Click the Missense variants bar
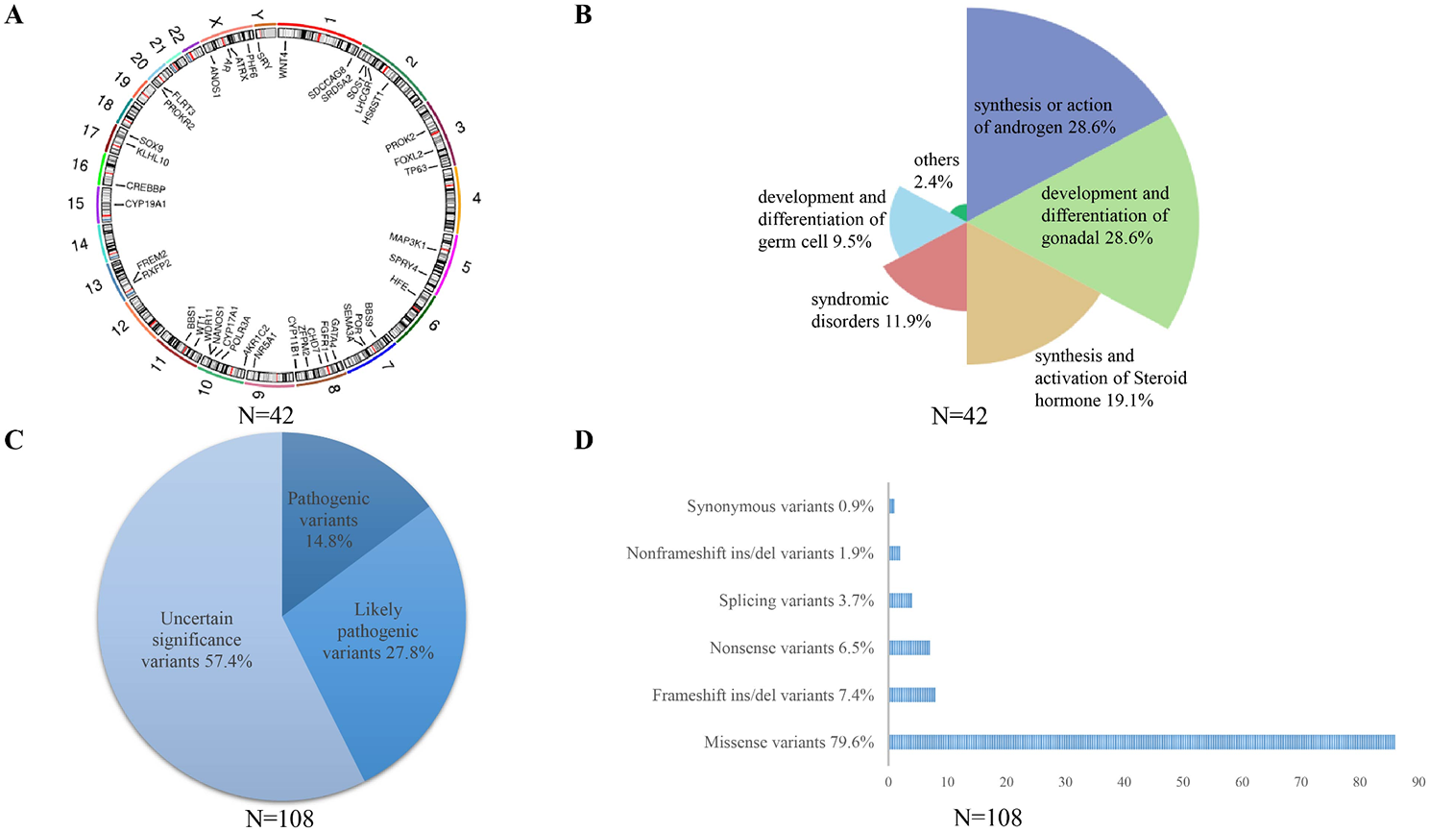click(x=1141, y=742)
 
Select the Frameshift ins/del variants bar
click(x=911, y=695)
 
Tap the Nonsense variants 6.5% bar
click(x=908, y=648)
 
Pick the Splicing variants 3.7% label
click(x=796, y=600)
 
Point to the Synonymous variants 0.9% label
click(x=780, y=506)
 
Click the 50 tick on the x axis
click(x=1183, y=782)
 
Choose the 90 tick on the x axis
click(x=1418, y=782)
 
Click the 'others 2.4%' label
click(x=935, y=170)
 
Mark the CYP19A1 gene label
click(x=145, y=204)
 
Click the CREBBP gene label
click(x=146, y=186)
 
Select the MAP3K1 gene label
click(x=407, y=239)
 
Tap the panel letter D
click(x=584, y=441)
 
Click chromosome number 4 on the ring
click(x=476, y=198)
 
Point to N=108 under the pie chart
click(x=279, y=819)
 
